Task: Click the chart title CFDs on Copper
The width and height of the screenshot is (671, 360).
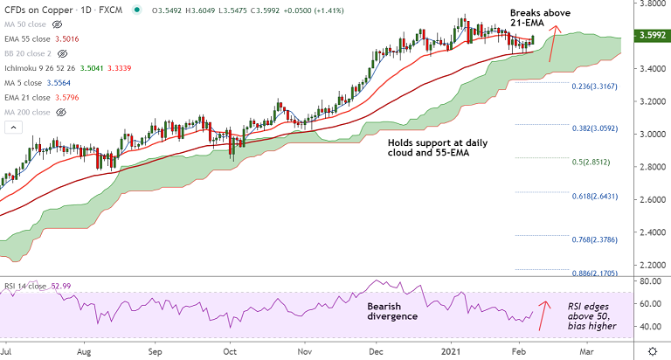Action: [x=39, y=10]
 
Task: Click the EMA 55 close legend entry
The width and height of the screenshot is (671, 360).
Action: [x=33, y=38]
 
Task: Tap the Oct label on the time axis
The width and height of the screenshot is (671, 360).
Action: [x=230, y=350]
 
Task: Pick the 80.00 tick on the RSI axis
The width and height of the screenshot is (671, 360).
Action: [x=647, y=281]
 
